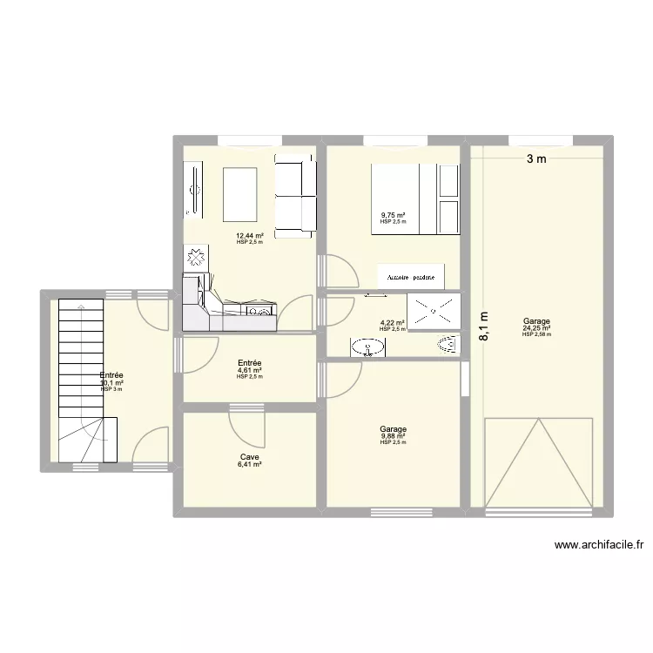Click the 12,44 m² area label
(x=249, y=235)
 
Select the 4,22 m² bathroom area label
(x=393, y=323)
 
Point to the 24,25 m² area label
(x=536, y=328)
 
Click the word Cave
(x=249, y=457)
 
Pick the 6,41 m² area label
(x=249, y=465)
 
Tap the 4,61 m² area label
(x=249, y=370)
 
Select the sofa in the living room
(x=295, y=196)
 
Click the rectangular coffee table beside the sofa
(x=240, y=195)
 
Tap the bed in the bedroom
(x=416, y=199)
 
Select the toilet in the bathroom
(x=447, y=347)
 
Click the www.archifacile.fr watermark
(x=600, y=546)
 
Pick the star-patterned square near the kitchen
(x=195, y=258)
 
